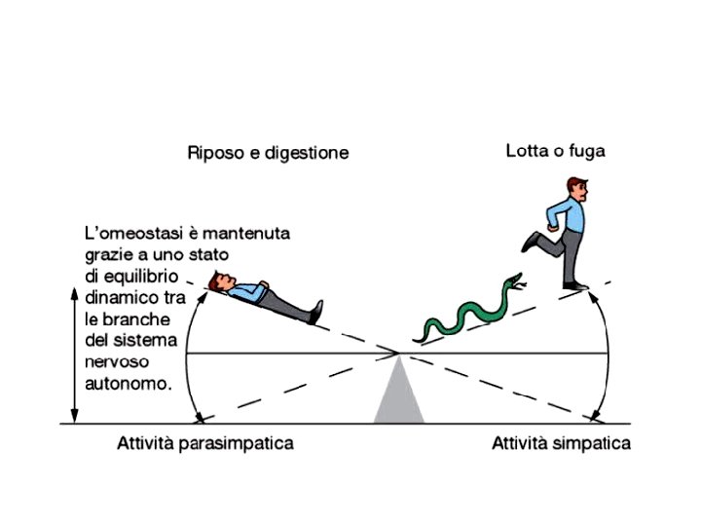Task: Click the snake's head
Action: (x=515, y=283)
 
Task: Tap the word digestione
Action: (x=308, y=154)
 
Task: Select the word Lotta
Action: (x=527, y=151)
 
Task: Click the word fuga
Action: (x=586, y=152)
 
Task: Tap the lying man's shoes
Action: (x=316, y=312)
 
